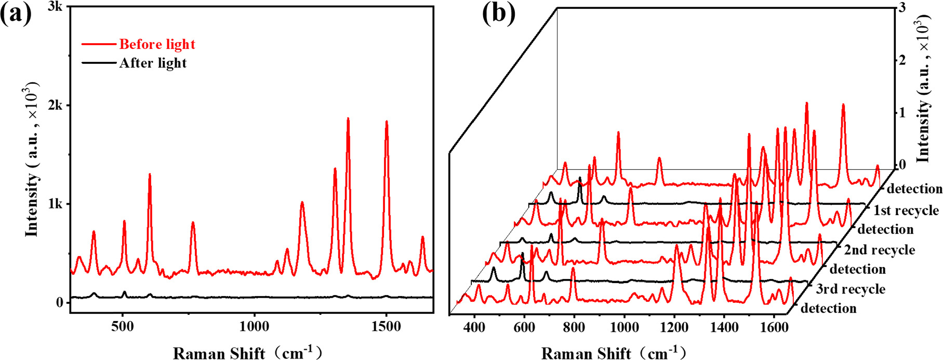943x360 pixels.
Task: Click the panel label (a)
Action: click(16, 14)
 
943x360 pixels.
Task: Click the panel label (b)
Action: click(499, 14)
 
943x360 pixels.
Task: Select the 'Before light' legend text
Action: click(157, 44)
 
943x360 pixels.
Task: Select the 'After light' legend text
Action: click(153, 63)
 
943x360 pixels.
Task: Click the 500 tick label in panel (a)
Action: click(123, 326)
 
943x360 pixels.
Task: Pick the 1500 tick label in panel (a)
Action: click(386, 326)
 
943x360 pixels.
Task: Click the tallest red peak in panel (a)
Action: click(348, 119)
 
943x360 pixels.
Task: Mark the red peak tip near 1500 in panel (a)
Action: click(387, 122)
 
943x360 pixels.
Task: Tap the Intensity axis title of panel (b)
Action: click(923, 88)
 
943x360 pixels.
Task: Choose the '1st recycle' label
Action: click(906, 210)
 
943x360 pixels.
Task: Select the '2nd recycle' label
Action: click(879, 250)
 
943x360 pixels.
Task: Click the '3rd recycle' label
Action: click(850, 289)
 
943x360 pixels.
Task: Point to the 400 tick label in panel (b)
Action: click(474, 328)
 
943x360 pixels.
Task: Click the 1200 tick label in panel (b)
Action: click(674, 328)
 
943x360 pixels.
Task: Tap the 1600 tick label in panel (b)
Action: click(775, 328)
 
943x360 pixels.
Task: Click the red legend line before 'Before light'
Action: click(99, 44)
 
